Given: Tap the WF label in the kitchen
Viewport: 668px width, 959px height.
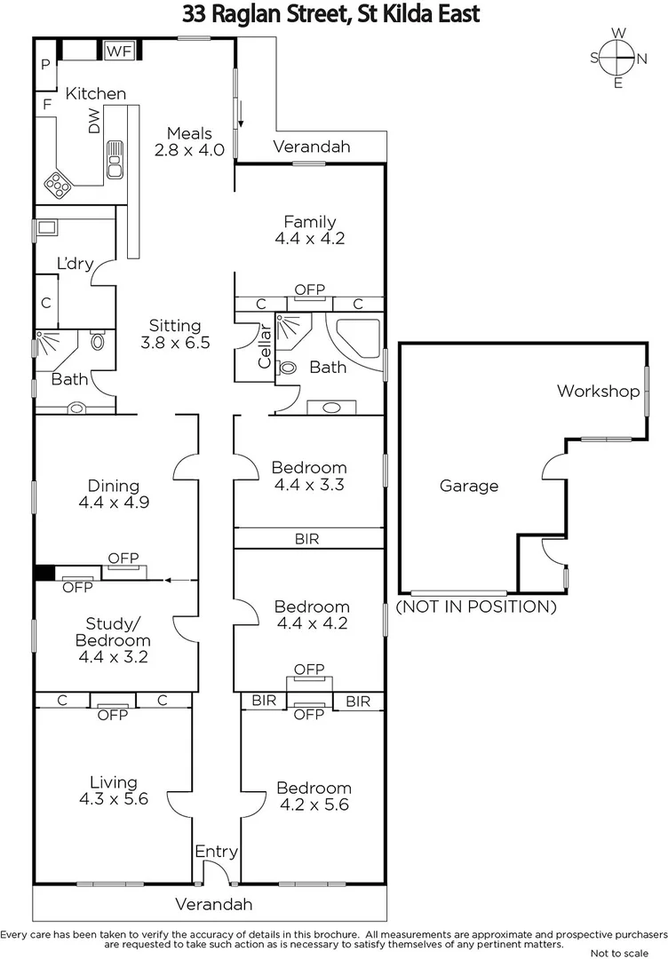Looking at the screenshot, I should [x=118, y=51].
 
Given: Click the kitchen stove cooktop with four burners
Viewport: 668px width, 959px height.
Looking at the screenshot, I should [x=59, y=185].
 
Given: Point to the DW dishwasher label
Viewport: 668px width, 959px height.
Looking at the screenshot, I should [x=94, y=124].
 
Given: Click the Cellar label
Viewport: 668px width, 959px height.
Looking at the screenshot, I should [x=264, y=349].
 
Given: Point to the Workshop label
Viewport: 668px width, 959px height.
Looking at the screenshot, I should [x=598, y=391].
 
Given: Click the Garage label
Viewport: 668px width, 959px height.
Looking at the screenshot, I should [x=469, y=486].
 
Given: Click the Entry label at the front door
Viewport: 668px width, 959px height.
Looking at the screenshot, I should [x=217, y=852].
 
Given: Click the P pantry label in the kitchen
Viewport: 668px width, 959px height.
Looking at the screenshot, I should [x=45, y=64].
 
